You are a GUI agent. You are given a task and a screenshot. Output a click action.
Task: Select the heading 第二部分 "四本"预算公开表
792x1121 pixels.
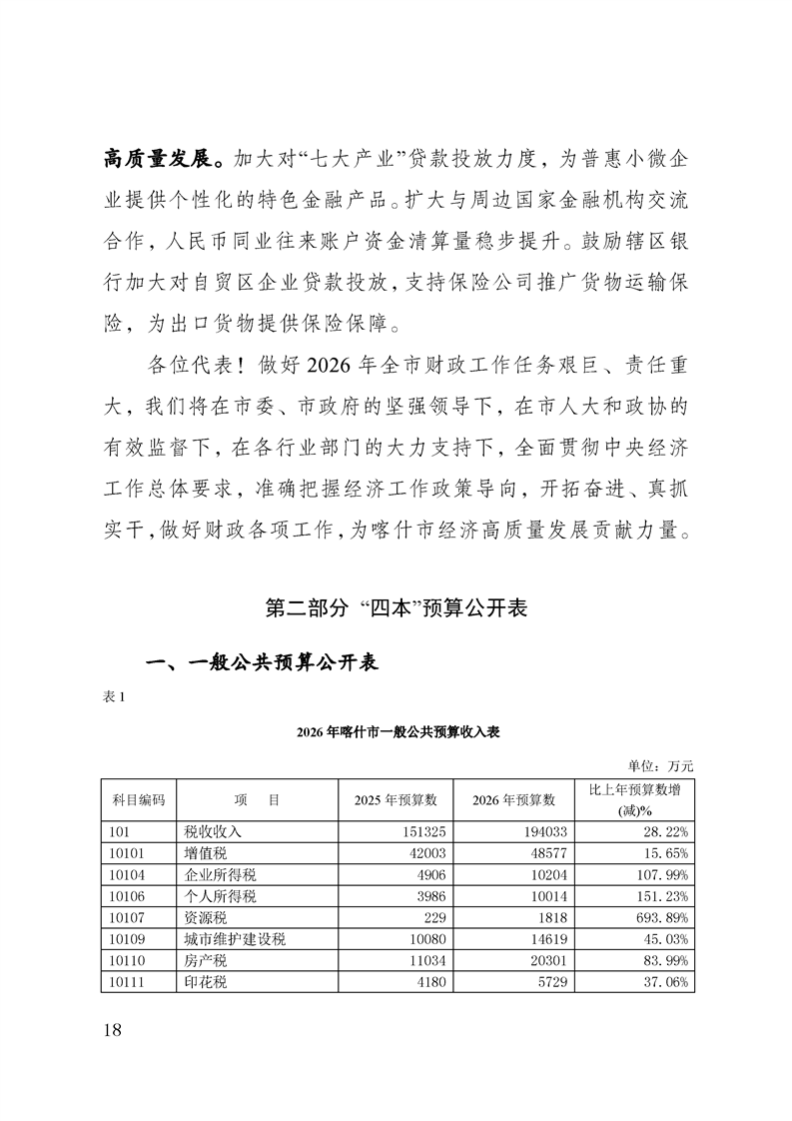point(396,606)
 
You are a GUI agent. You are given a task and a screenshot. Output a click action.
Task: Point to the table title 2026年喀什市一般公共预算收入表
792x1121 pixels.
point(396,731)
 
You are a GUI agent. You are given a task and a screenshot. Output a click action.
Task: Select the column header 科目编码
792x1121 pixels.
point(138,799)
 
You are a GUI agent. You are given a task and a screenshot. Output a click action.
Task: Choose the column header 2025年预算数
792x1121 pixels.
point(396,799)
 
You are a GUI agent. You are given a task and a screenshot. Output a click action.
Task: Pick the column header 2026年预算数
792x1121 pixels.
point(513,799)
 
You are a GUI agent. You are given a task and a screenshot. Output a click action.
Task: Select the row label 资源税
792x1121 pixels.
point(206,917)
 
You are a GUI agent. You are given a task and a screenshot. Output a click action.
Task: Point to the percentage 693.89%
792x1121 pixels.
point(660,917)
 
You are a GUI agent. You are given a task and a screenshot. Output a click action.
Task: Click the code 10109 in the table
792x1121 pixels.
point(124,939)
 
